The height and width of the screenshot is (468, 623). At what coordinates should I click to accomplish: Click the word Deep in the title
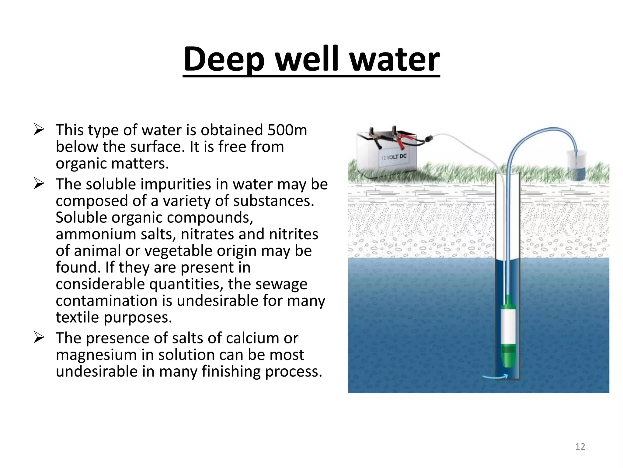click(x=224, y=59)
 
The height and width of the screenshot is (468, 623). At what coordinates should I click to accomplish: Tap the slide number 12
click(x=580, y=447)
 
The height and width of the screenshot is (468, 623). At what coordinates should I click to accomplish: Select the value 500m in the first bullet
click(x=287, y=130)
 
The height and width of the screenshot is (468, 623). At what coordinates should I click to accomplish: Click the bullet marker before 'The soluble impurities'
click(x=39, y=184)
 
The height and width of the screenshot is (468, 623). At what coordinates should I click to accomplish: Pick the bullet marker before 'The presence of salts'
click(x=39, y=338)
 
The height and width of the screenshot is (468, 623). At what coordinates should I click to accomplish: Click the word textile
click(x=77, y=317)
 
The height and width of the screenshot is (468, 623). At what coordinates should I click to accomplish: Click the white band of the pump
click(x=507, y=325)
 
